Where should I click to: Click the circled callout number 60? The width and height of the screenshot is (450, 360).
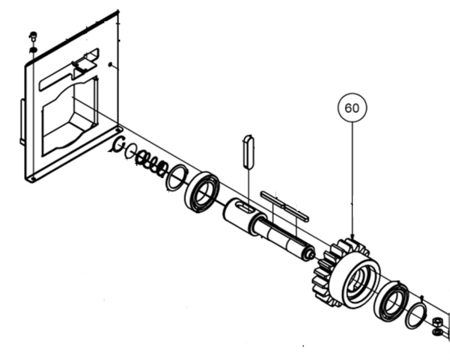[x=352, y=108]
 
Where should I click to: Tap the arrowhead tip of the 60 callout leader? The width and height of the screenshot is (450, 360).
[x=352, y=237]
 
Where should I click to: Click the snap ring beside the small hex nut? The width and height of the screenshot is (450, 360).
[x=417, y=316]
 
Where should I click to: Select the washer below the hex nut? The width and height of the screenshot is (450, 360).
[x=438, y=331]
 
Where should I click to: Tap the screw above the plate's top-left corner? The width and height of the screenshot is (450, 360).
[x=32, y=37]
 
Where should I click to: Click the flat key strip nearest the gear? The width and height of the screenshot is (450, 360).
[x=296, y=212]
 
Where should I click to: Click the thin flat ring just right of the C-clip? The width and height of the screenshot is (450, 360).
[x=130, y=151]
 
